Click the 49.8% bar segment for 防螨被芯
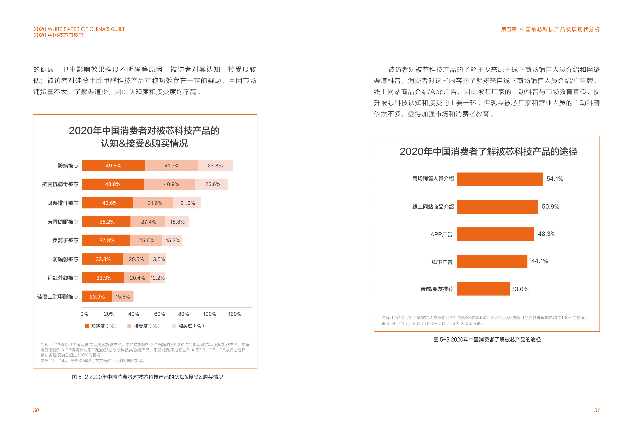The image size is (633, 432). (x=113, y=166)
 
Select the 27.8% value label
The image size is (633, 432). (x=215, y=166)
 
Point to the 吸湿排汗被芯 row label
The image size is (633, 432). (x=63, y=203)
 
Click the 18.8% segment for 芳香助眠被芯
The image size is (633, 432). (x=177, y=222)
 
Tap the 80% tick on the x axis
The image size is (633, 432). (x=183, y=314)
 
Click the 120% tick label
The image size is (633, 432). (x=234, y=314)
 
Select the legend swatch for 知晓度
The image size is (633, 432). (x=87, y=326)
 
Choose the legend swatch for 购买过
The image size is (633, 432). (x=174, y=326)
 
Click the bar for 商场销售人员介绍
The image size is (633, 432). (x=500, y=179)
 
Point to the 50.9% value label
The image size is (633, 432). (x=550, y=207)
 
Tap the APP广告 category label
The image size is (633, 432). (x=441, y=234)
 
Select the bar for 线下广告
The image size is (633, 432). (x=492, y=261)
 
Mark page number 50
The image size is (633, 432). (x=36, y=410)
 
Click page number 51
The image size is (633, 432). (x=597, y=410)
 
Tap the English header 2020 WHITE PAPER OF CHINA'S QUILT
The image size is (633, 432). (x=79, y=29)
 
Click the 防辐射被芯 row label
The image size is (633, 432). (x=65, y=259)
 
